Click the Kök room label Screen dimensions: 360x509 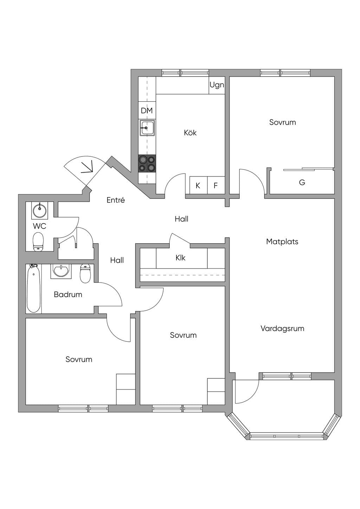pyautogui.click(x=190, y=133)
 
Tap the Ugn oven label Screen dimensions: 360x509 pyautogui.click(x=217, y=85)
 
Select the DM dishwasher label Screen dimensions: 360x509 pyautogui.click(x=147, y=111)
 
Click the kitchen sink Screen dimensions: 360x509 pyautogui.click(x=147, y=128)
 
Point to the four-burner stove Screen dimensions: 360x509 pyautogui.click(x=147, y=163)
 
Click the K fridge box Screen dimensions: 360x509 pyautogui.click(x=198, y=185)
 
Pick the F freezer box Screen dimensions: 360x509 pyautogui.click(x=216, y=185)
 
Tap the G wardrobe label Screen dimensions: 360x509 pyautogui.click(x=302, y=182)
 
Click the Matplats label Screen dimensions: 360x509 pyautogui.click(x=282, y=241)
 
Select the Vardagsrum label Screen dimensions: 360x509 pyautogui.click(x=282, y=328)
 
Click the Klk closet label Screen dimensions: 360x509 pyautogui.click(x=180, y=258)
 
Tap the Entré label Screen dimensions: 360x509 pyautogui.click(x=116, y=200)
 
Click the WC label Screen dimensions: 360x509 pyautogui.click(x=39, y=226)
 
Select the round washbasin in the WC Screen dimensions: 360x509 pyautogui.click(x=39, y=210)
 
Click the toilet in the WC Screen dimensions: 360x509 pyautogui.click(x=38, y=242)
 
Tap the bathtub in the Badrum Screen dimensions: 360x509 pyautogui.click(x=34, y=288)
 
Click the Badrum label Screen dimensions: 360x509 pyautogui.click(x=68, y=295)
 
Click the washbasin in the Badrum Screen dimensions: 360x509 pyautogui.click(x=61, y=271)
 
